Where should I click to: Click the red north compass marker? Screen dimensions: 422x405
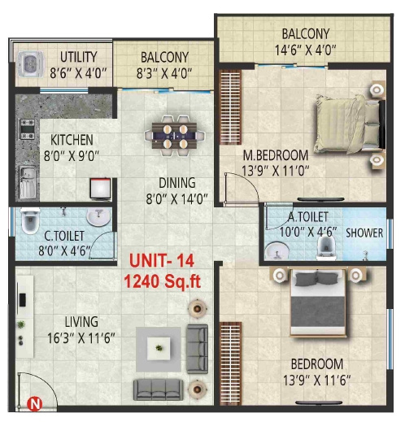pyautogui.click(x=35, y=402)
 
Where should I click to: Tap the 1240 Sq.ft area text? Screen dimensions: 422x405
pyautogui.click(x=161, y=282)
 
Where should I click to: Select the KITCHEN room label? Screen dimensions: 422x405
pyautogui.click(x=72, y=140)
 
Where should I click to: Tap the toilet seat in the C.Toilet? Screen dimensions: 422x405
pyautogui.click(x=29, y=220)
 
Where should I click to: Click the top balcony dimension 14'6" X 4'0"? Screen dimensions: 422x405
pyautogui.click(x=305, y=49)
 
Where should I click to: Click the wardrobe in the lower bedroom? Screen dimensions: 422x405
pyautogui.click(x=231, y=362)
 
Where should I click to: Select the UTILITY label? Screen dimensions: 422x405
pyautogui.click(x=79, y=57)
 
